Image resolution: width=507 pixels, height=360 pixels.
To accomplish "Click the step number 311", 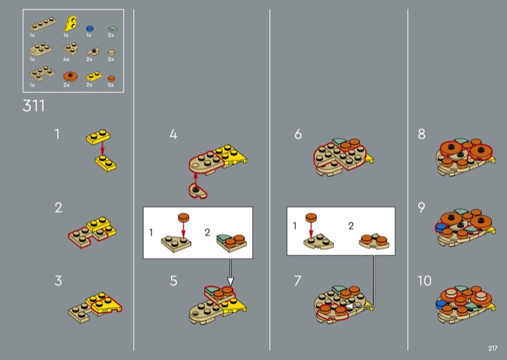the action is tap(34, 106).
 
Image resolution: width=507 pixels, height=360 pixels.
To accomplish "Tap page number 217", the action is tap(492, 348).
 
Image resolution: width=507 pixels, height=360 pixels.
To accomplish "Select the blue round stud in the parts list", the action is tap(89, 28).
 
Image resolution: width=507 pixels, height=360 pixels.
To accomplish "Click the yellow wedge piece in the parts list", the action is tap(70, 23).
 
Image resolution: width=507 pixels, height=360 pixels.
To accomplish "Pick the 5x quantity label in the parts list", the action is tap(111, 85).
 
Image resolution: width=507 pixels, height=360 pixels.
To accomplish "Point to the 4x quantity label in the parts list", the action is tap(67, 59).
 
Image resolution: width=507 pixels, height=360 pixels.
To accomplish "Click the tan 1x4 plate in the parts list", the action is tap(43, 23).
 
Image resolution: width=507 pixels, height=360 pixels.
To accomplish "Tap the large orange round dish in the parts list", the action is tap(70, 76).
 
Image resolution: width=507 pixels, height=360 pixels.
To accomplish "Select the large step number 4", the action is tap(173, 134).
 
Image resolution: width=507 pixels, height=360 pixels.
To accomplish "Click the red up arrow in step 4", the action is tap(195, 179).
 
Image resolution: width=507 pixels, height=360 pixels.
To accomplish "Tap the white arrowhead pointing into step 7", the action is tap(348, 305).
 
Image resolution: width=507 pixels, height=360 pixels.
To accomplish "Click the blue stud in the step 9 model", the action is tap(440, 228).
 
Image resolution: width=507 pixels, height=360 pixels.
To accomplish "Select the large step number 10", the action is tap(424, 281).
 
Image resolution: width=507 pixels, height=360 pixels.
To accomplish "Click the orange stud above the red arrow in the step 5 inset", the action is tap(183, 217).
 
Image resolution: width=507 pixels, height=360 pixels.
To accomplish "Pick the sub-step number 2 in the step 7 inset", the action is tap(351, 226).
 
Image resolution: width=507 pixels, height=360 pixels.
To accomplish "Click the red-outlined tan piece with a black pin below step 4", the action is tap(198, 191).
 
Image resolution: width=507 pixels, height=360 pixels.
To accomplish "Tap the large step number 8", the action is tap(421, 134).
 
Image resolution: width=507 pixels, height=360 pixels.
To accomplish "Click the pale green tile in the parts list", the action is tap(113, 29).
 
